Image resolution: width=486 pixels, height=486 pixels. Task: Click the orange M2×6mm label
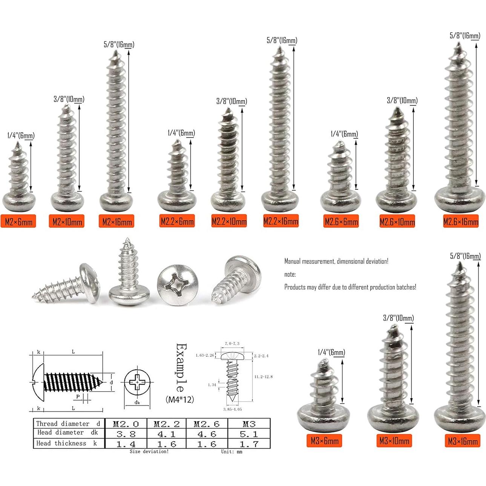point(19,221)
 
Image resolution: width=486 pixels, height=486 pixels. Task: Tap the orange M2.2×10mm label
point(229,221)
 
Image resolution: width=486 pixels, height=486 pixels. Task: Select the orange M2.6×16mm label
point(460,221)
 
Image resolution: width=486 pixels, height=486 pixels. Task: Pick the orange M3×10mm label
point(394,440)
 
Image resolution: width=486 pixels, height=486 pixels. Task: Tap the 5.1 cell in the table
point(249,434)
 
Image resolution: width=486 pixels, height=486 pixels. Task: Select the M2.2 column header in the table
point(167,424)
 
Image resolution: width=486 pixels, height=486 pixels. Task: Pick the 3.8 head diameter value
point(126,434)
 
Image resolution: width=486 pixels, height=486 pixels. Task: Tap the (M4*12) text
point(179,400)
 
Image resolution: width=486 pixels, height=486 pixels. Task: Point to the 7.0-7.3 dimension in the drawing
point(232,344)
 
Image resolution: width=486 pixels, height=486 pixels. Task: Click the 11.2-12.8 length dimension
point(264,377)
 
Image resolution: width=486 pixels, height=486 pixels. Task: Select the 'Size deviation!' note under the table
point(149,451)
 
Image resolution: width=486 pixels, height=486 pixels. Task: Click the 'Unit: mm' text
point(232,451)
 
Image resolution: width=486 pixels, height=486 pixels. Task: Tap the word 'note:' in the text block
point(290,274)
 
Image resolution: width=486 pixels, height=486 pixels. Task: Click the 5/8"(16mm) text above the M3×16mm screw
point(465,256)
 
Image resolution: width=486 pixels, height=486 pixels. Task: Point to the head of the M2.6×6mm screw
point(340,200)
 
